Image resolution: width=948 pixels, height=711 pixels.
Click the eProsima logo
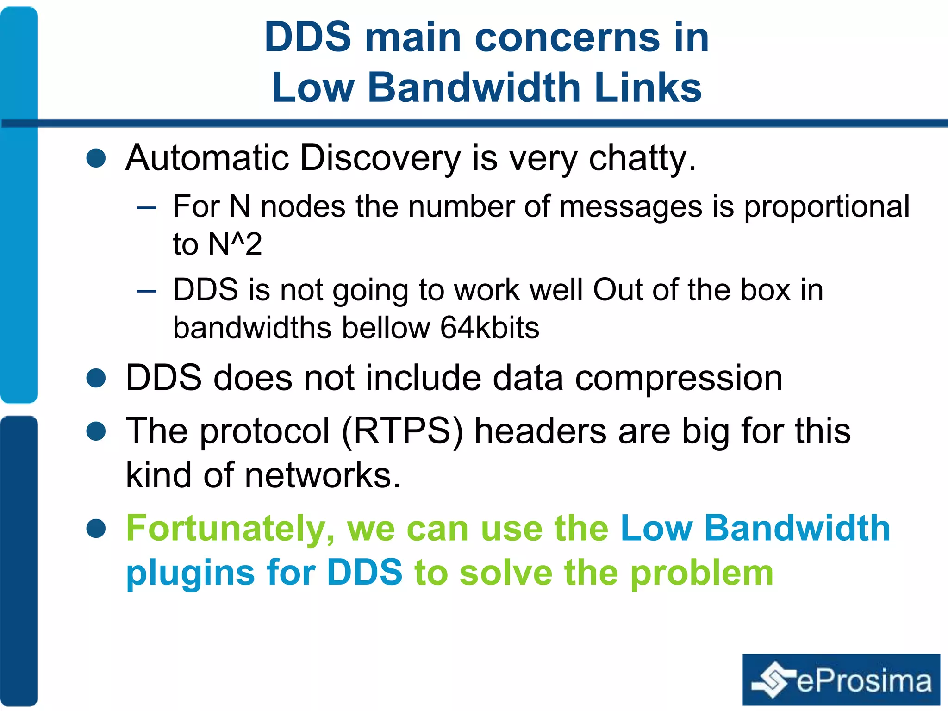841,680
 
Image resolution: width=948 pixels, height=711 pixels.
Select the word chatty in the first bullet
642,158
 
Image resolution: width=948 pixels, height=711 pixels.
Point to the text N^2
235,244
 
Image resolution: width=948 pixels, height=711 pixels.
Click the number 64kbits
489,328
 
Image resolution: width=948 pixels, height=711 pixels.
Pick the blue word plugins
190,573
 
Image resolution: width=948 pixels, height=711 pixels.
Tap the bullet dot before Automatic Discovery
96,158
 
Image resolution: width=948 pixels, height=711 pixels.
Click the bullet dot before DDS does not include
96,378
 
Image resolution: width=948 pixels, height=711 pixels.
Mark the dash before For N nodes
147,208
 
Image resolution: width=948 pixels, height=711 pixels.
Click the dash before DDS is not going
147,291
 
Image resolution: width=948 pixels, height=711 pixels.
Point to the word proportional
827,206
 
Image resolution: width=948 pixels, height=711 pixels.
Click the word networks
322,475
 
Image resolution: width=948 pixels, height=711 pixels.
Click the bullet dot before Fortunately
96,529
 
